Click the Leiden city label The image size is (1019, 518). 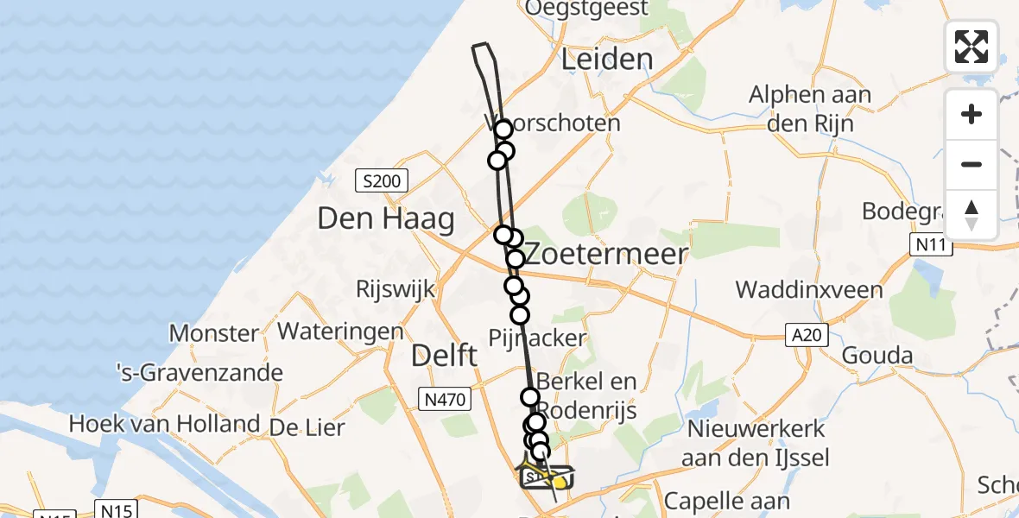[607, 60]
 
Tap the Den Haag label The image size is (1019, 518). [386, 219]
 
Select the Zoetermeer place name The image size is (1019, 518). [607, 254]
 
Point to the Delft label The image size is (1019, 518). [444, 355]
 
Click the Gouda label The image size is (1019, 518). [877, 355]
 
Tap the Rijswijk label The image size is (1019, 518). [396, 289]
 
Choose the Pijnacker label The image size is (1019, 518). [537, 338]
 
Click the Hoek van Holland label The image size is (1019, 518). [164, 424]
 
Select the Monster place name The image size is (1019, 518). [213, 333]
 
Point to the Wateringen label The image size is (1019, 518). [340, 331]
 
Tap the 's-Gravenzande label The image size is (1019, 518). [199, 373]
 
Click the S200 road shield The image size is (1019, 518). [382, 181]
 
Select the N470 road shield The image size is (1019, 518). [445, 399]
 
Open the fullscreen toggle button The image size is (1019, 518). [972, 47]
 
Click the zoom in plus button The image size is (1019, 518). [972, 114]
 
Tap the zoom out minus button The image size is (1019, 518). [972, 164]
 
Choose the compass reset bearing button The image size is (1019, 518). [972, 214]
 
